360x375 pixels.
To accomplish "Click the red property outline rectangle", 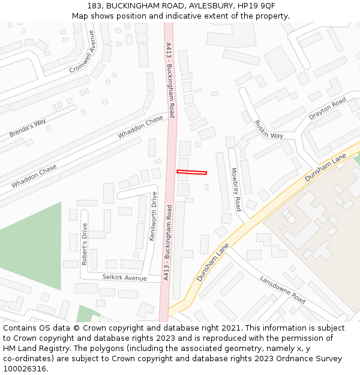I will (191, 173).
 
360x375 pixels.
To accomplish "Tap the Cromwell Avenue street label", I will (83, 52).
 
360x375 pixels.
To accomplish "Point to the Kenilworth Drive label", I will (154, 216).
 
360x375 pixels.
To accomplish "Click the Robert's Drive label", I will (85, 244).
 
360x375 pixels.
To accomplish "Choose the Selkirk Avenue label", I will (124, 278).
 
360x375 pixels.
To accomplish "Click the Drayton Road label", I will (327, 107).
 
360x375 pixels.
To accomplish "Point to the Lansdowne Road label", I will (283, 289).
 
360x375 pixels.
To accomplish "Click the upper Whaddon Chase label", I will (140, 127).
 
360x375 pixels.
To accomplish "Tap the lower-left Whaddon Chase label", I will (34, 176).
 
